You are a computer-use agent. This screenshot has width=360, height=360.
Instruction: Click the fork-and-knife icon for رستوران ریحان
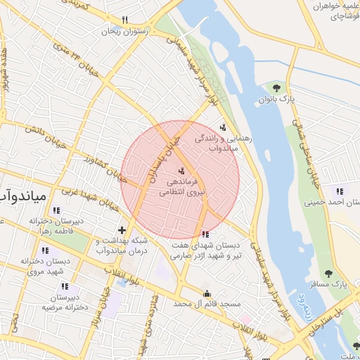(x=125, y=20)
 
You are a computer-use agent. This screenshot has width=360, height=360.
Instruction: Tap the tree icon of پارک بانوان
(x=276, y=88)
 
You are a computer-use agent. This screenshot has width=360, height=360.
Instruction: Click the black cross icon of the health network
(x=122, y=230)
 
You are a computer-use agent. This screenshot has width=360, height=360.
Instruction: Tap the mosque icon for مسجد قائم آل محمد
(x=206, y=293)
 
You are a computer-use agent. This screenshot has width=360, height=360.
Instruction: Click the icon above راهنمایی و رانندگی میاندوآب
(x=223, y=127)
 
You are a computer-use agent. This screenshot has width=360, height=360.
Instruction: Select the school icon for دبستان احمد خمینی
(x=340, y=191)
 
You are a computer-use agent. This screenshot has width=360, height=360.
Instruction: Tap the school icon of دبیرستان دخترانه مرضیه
(x=65, y=286)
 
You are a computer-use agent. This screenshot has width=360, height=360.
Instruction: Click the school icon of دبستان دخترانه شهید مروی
(x=46, y=250)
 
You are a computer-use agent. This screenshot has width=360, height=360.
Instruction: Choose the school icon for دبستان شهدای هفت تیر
(x=205, y=234)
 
